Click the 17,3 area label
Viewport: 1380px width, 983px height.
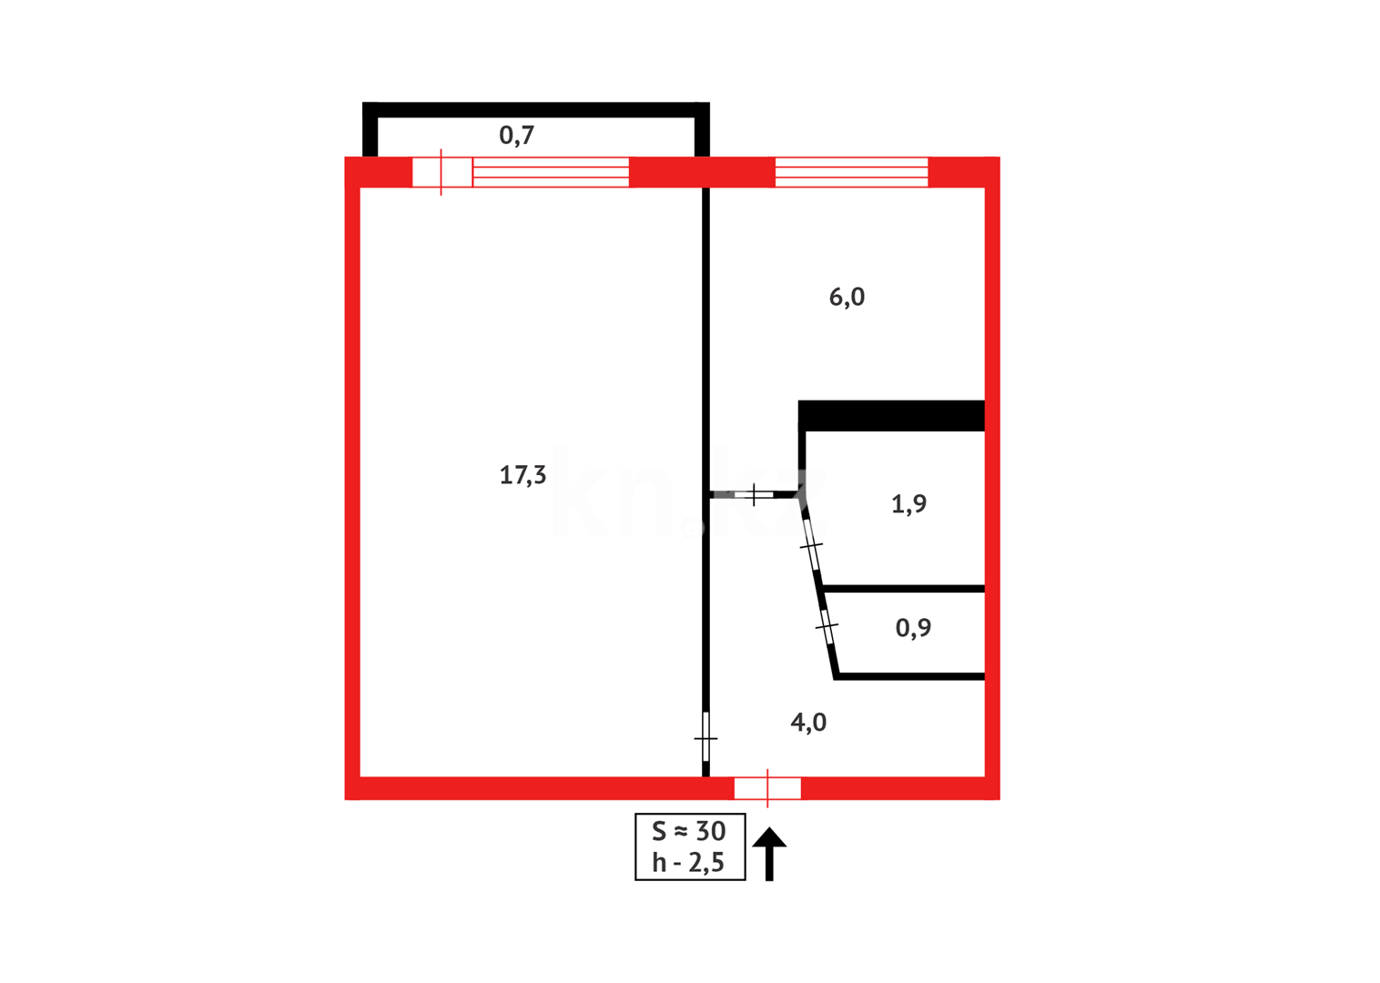523,475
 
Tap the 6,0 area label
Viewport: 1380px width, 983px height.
847,298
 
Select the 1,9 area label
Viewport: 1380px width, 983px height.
908,504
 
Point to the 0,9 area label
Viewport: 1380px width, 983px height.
913,628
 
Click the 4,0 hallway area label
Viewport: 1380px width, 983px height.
808,723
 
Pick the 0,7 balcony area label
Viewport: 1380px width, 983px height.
516,136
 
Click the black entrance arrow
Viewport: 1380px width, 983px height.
769,853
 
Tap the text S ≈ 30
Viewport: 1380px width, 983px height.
689,831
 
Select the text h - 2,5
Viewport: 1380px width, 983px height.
688,862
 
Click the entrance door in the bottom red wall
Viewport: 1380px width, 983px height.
767,788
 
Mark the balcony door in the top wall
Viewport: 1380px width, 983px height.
442,172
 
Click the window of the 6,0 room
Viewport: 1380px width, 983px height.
851,172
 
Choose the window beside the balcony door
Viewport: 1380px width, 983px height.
551,172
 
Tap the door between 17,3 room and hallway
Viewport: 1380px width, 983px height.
705,736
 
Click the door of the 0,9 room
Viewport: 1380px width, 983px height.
827,626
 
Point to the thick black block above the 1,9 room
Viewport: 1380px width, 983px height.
891,415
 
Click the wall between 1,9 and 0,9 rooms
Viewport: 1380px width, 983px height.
903,589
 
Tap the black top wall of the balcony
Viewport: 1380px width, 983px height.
535,110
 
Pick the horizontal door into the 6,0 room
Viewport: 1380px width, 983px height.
754,494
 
